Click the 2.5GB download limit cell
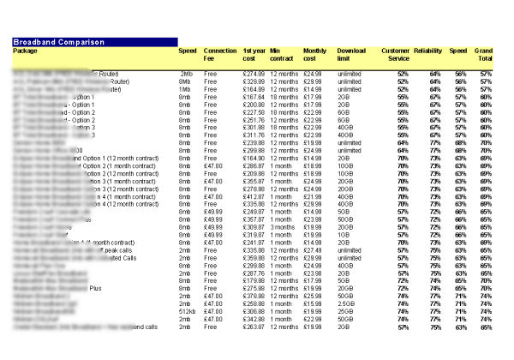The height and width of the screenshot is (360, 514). click(347, 303)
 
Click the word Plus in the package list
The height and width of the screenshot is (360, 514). click(118, 288)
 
